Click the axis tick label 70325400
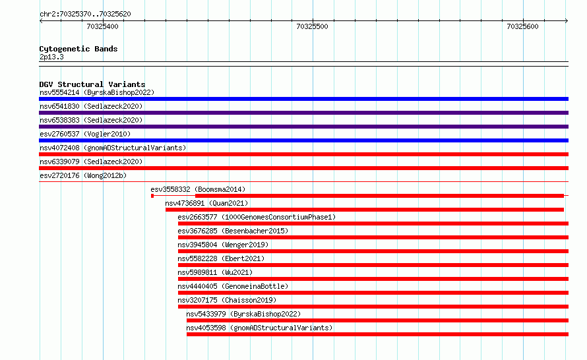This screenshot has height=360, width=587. (102, 26)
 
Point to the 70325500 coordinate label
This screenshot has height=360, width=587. (312, 26)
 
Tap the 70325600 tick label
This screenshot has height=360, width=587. (522, 26)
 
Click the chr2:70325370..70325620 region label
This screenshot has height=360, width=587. (85, 14)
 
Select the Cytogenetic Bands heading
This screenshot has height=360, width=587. (78, 49)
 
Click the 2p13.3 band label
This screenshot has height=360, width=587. (51, 57)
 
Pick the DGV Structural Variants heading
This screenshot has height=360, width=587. (92, 84)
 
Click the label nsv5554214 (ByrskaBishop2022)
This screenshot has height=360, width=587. (97, 92)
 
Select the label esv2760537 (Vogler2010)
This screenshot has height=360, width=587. (85, 134)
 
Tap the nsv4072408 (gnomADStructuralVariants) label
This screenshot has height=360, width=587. (113, 148)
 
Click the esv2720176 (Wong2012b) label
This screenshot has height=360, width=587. (83, 175)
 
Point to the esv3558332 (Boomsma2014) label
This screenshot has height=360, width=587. (198, 189)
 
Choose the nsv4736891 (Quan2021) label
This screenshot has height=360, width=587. (206, 203)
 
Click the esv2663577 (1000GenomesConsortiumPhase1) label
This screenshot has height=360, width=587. (257, 217)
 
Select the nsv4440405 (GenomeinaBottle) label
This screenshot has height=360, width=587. (233, 286)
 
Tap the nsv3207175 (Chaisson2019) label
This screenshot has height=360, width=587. (227, 300)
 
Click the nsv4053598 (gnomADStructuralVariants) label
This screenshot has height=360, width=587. (259, 328)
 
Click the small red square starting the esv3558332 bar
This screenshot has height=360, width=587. (152, 196)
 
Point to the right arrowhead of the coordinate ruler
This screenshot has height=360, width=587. (567, 20)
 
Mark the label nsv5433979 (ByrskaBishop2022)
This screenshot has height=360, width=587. (243, 314)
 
